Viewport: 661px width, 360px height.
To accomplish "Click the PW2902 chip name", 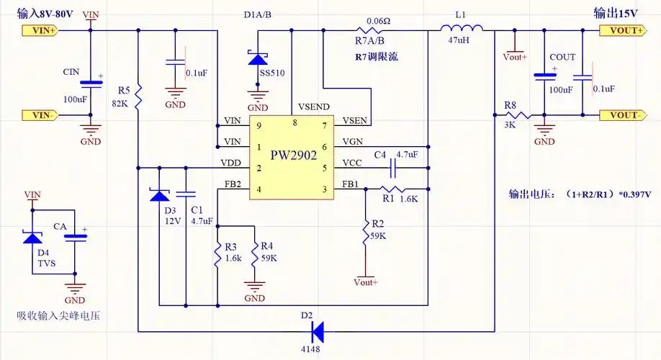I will click(x=293, y=156).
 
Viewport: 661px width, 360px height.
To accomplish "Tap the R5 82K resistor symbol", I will click(x=138, y=93).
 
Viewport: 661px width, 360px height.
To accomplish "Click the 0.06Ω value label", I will click(x=379, y=21).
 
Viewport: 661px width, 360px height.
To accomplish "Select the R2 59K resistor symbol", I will click(x=366, y=233).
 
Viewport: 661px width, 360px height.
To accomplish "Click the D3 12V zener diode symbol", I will click(x=158, y=194).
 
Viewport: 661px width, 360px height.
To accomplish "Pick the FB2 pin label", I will click(x=233, y=184).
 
